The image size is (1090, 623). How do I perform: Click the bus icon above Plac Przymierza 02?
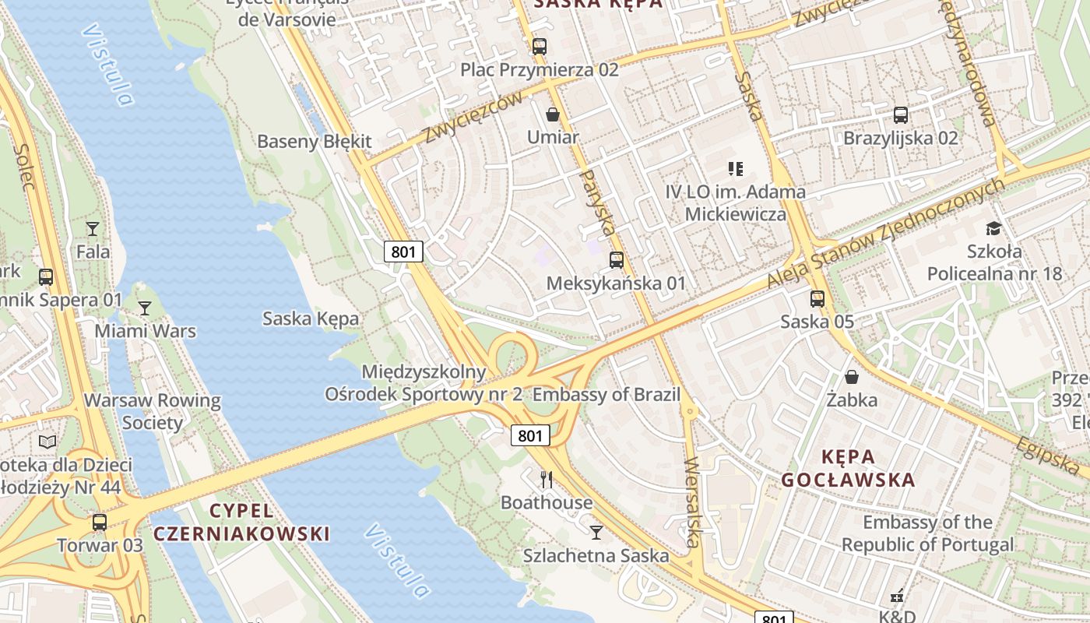pos(540,46)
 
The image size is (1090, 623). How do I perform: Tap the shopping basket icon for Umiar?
pos(553,114)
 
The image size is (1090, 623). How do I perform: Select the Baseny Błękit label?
pos(315,142)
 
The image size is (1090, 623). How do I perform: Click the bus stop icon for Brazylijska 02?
pos(901,115)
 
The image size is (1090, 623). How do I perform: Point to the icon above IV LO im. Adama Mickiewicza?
pos(736,168)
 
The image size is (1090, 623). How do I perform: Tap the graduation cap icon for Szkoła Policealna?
pos(993,228)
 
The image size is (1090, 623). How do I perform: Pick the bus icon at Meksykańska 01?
pos(617,260)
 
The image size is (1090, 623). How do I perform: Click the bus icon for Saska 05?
pos(817,298)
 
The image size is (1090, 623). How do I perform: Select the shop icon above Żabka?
pos(852,377)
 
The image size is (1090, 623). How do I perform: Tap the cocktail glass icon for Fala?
pos(93,228)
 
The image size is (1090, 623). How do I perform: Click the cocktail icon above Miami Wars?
pos(145,308)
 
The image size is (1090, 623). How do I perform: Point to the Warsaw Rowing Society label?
pos(153,412)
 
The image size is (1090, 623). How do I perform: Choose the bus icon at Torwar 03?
pos(100,522)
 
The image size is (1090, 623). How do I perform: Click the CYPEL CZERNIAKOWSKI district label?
pos(241,523)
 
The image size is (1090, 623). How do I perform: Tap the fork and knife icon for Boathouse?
pos(547,479)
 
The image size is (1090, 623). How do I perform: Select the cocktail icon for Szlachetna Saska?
pos(596,532)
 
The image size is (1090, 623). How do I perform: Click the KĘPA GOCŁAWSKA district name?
pos(849,468)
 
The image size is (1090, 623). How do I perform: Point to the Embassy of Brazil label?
pos(607,394)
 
